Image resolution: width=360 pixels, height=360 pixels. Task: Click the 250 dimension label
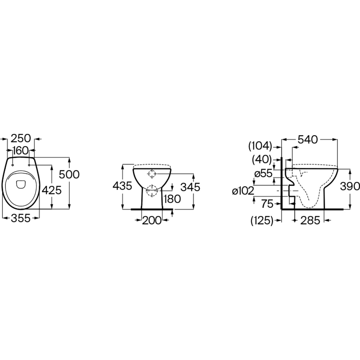tap(21, 139)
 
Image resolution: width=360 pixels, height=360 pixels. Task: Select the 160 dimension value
tap(21, 150)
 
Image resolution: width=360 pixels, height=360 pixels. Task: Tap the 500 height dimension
tap(69, 174)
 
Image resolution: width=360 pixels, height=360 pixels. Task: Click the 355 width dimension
tap(21, 218)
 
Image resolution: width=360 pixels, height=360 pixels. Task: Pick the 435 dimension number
tap(122, 186)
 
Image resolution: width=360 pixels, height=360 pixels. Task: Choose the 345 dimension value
tap(190, 187)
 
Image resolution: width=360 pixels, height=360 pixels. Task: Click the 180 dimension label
tap(172, 199)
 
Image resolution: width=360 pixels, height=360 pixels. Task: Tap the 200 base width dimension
tap(152, 221)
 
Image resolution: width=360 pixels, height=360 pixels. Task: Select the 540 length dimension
tap(308, 139)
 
